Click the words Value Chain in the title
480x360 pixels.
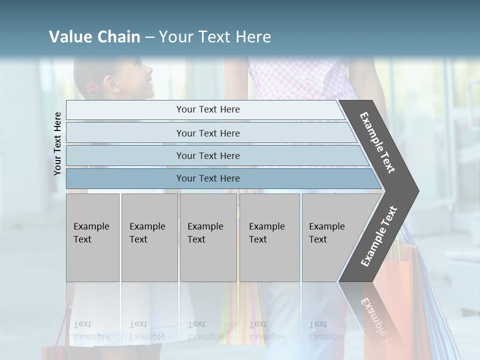pos(94,37)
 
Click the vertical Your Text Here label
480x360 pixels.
pos(57,143)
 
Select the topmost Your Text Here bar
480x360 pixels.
pos(207,109)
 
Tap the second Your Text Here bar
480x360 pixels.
pos(207,133)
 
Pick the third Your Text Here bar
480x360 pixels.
pos(207,155)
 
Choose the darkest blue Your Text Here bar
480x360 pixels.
pos(207,178)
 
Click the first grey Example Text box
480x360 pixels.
pos(92,237)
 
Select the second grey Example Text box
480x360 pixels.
pos(149,237)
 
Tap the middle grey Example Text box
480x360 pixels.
pos(208,237)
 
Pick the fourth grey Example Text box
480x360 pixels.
pos(269,237)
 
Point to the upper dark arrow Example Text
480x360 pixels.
pos(377,142)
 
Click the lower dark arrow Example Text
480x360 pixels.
pos(378,236)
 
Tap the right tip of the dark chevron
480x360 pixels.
pos(417,190)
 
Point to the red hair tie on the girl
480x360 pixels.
pos(92,89)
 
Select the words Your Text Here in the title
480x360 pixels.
pos(215,37)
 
